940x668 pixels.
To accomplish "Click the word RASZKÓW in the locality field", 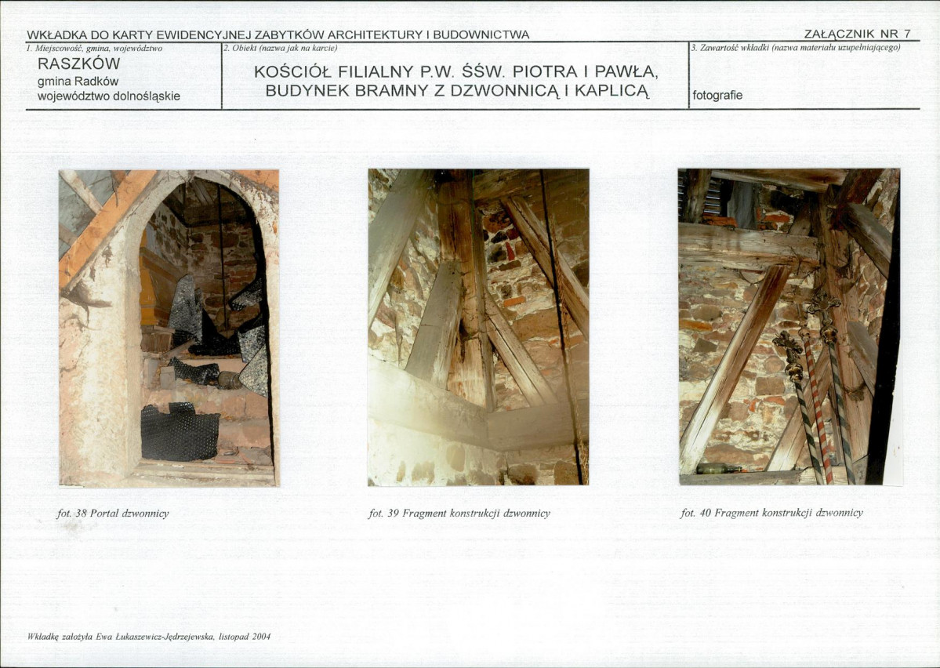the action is (x=78, y=63).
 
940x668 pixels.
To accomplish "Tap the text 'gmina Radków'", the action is (x=78, y=82).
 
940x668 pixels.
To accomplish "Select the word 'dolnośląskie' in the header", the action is (x=147, y=96).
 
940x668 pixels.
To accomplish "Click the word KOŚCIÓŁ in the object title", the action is (x=292, y=72).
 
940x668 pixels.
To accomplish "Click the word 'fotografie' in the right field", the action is (x=717, y=96).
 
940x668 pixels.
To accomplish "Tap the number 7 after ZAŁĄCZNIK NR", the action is (x=907, y=34).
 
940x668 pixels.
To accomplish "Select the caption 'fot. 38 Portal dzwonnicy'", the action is (x=114, y=514).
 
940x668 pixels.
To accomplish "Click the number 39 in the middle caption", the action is (x=393, y=514).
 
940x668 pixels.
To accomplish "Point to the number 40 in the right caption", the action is (x=706, y=514).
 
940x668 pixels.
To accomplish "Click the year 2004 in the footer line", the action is (x=261, y=636).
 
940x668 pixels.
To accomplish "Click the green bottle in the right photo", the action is (x=718, y=468).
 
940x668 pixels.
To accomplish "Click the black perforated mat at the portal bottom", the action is (x=180, y=432).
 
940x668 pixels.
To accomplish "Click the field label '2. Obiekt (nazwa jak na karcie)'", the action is (x=281, y=48).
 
